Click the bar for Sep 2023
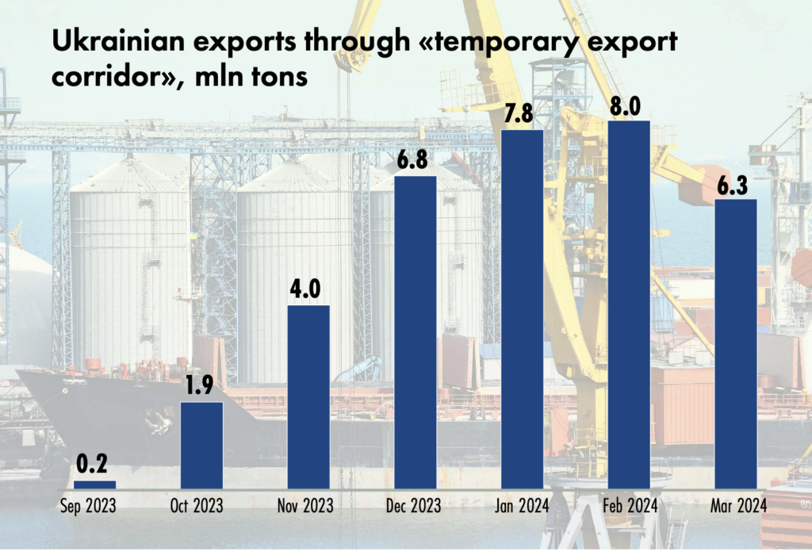94,484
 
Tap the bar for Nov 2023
308,396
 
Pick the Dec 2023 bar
416,331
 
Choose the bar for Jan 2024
522,309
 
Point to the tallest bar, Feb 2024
629,304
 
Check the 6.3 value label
736,183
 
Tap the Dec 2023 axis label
416,505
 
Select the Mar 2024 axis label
736,505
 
